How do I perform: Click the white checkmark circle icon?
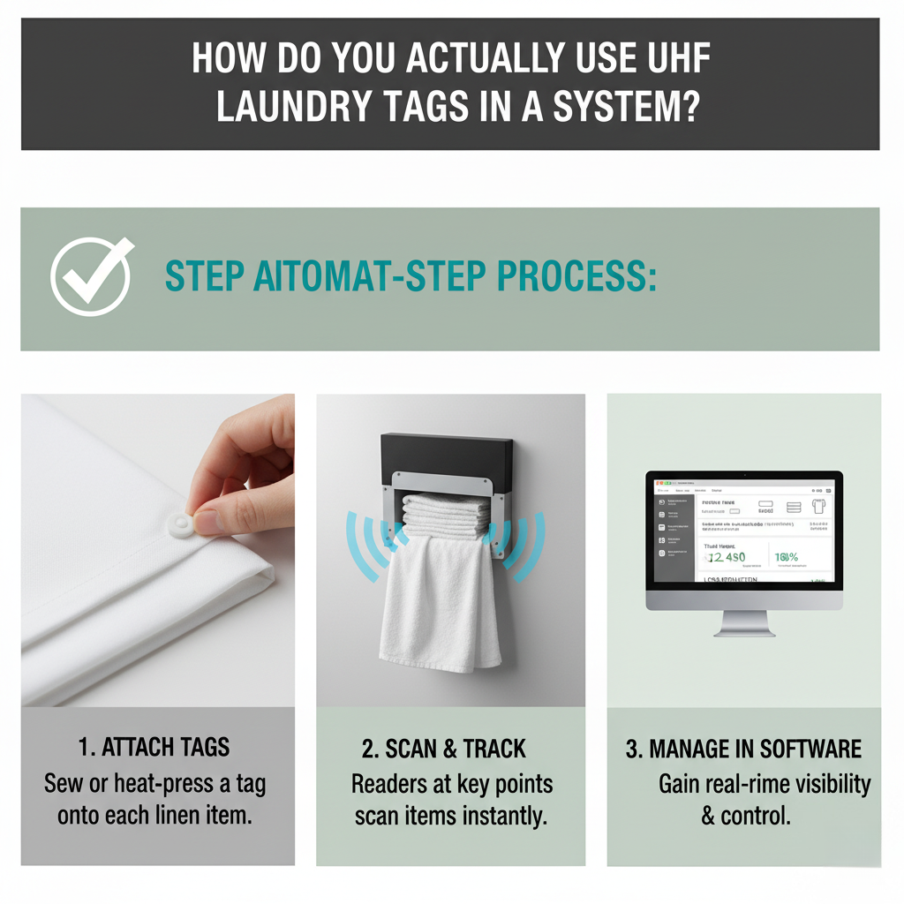coord(91,277)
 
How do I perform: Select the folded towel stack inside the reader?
coord(446,515)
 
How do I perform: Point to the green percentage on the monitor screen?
coord(786,557)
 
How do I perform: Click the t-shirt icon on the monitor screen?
coord(817,507)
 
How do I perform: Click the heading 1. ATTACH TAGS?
coord(154,748)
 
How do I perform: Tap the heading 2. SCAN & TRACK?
coord(443,749)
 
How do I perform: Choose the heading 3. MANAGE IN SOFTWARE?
coord(743,749)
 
